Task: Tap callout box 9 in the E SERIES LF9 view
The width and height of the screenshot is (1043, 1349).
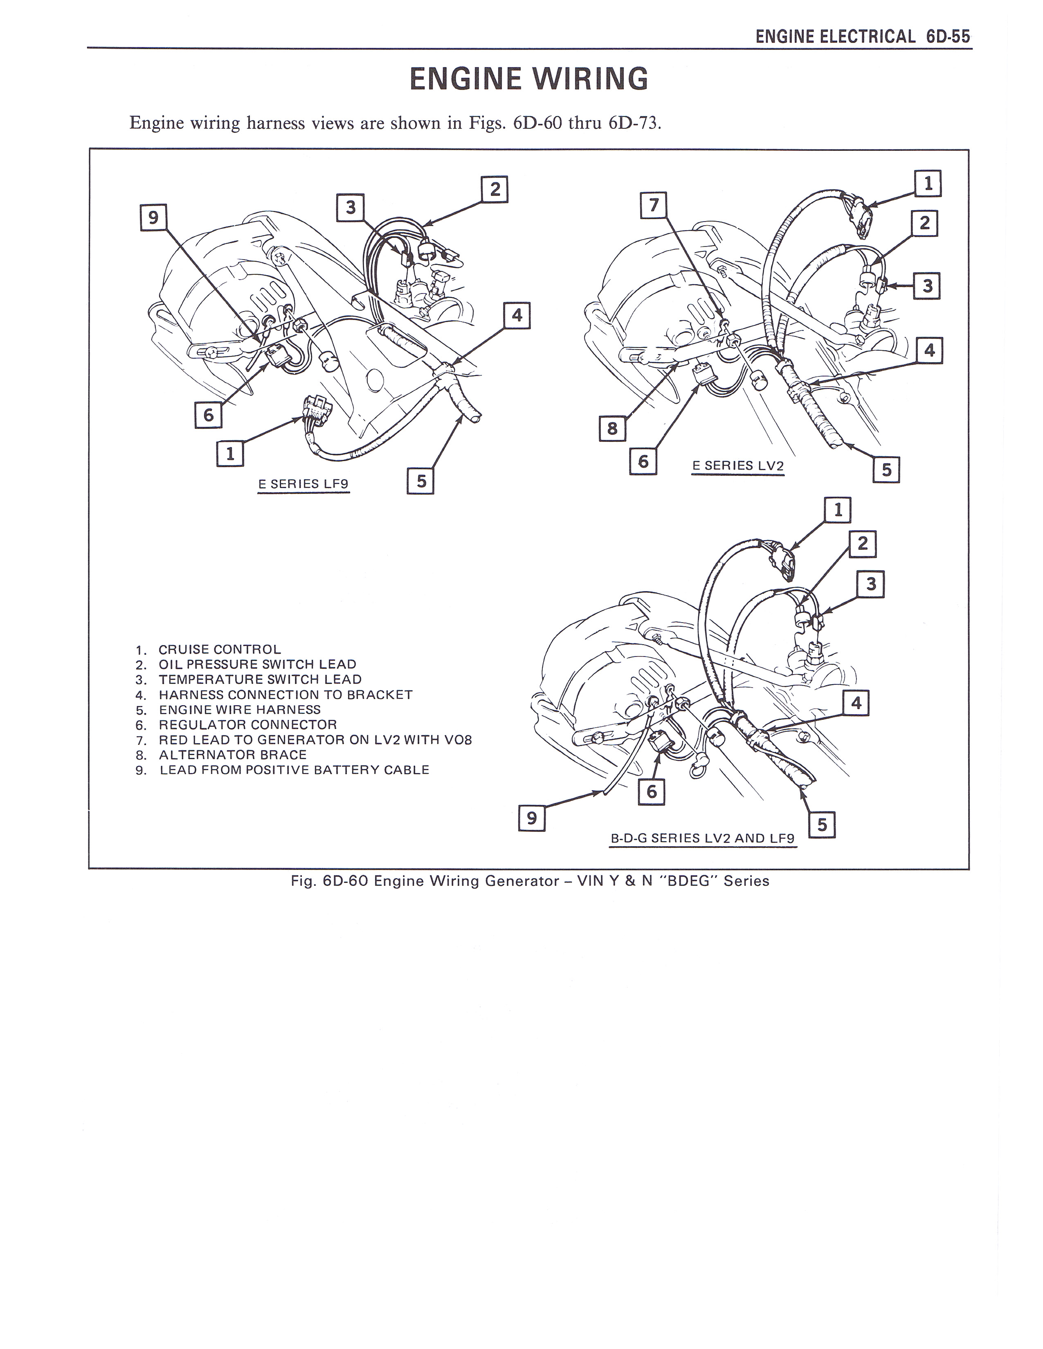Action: click(154, 217)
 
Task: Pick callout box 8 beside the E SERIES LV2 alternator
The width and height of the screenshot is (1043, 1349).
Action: click(612, 428)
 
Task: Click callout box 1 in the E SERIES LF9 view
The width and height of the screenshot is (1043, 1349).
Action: click(230, 453)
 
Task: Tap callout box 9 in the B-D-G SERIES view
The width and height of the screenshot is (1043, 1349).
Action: click(531, 818)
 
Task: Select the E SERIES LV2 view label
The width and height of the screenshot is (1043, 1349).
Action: click(738, 466)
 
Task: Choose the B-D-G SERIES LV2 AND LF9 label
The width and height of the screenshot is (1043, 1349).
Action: click(703, 838)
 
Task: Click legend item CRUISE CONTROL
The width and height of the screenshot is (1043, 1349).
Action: click(219, 649)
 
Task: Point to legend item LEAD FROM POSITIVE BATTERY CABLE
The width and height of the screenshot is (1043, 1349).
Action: click(294, 770)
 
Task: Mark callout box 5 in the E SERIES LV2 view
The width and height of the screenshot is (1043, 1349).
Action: click(886, 469)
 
